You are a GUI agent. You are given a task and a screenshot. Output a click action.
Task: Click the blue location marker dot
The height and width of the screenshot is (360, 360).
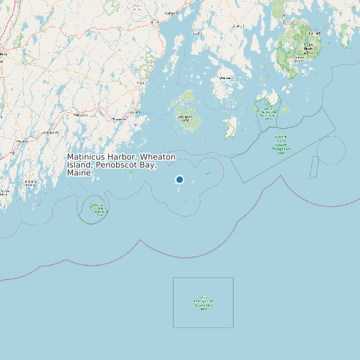(179, 179)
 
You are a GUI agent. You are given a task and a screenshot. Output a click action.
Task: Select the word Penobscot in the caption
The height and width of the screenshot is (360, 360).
(114, 165)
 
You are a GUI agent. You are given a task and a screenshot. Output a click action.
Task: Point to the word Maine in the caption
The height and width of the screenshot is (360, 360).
(78, 173)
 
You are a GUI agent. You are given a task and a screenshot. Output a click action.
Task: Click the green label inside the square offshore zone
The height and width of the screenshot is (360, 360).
(203, 303)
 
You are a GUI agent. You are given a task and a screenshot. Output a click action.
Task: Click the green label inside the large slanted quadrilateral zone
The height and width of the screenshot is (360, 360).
(281, 141)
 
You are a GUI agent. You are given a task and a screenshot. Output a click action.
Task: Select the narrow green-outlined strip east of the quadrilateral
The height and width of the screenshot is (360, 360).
(313, 167)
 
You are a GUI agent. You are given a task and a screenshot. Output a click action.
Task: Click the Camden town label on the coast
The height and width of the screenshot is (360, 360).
(141, 83)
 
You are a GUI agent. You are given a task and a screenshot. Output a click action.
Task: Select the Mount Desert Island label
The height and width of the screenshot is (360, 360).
(308, 48)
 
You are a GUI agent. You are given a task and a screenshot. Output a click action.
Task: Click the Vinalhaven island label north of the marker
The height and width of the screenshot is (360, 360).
(184, 118)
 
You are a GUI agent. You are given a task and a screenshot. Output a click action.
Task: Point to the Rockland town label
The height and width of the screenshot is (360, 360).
(119, 119)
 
